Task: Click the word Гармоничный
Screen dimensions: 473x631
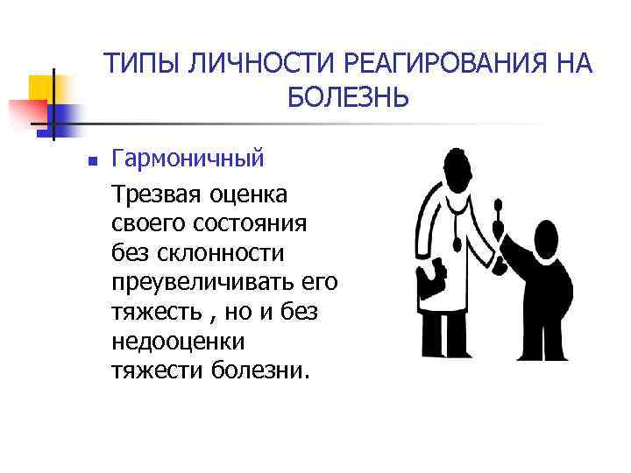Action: [x=188, y=159]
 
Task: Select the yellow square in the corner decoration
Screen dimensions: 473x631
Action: [x=42, y=88]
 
